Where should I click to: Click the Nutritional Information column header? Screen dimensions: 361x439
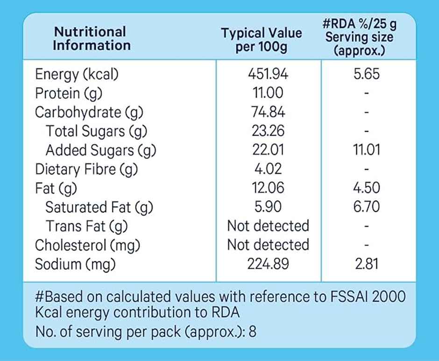(92, 39)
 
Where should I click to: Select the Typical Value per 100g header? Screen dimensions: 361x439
(261, 40)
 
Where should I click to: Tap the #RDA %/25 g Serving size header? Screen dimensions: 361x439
(359, 37)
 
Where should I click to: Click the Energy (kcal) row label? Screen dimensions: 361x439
(77, 74)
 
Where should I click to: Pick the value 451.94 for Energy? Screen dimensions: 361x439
(268, 74)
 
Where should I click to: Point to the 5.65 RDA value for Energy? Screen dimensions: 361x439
(367, 74)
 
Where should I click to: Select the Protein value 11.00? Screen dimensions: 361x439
(268, 93)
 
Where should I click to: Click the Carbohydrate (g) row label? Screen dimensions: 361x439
(89, 112)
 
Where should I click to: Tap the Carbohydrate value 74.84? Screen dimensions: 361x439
(268, 112)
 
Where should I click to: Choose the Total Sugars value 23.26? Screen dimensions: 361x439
(268, 131)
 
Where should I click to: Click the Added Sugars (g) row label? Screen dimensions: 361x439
(100, 150)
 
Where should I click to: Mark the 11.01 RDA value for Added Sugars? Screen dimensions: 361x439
(367, 150)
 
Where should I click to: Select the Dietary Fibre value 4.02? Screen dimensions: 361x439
(268, 169)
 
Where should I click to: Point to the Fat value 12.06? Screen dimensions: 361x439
(268, 188)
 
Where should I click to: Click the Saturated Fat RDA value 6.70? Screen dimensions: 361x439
(367, 207)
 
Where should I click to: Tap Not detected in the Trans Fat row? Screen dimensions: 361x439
(268, 226)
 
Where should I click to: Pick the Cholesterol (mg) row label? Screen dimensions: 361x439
(88, 245)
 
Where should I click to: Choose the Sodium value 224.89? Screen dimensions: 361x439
(268, 264)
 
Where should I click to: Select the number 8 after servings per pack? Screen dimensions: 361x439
(252, 332)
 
